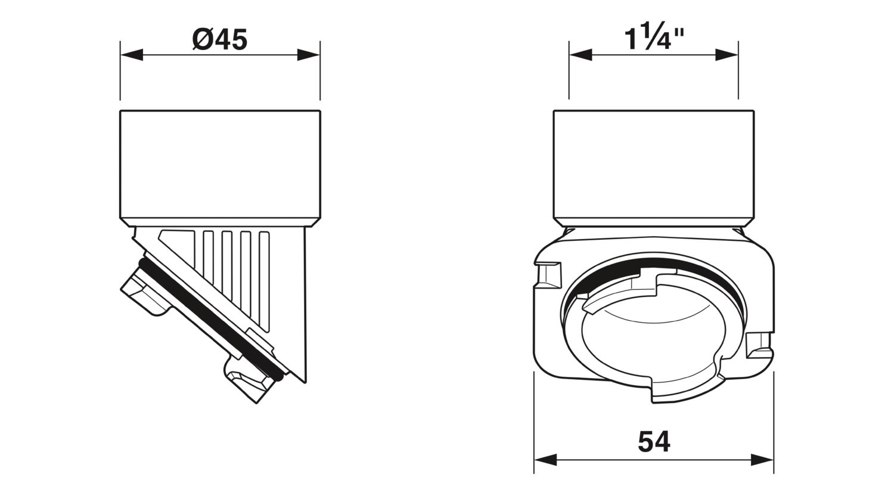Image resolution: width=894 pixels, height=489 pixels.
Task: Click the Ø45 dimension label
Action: (x=220, y=39)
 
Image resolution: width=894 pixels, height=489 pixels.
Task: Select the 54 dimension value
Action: (x=654, y=441)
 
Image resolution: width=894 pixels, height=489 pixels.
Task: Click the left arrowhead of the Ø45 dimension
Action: (x=132, y=55)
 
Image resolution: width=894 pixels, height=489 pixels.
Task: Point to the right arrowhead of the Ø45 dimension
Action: (x=309, y=55)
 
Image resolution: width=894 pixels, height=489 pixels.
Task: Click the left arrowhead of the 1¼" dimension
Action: (x=581, y=55)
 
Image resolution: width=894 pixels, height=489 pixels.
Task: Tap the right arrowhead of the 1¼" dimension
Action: (x=727, y=55)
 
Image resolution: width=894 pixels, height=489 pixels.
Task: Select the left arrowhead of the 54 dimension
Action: (x=545, y=459)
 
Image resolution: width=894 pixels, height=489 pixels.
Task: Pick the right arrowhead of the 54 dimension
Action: (x=762, y=459)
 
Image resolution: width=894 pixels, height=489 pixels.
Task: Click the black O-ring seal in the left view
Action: (x=212, y=320)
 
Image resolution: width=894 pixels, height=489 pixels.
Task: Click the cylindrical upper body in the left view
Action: (x=220, y=168)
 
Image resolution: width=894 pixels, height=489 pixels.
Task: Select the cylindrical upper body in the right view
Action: (x=654, y=168)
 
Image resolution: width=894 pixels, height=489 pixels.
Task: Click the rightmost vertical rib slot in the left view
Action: (x=264, y=281)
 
